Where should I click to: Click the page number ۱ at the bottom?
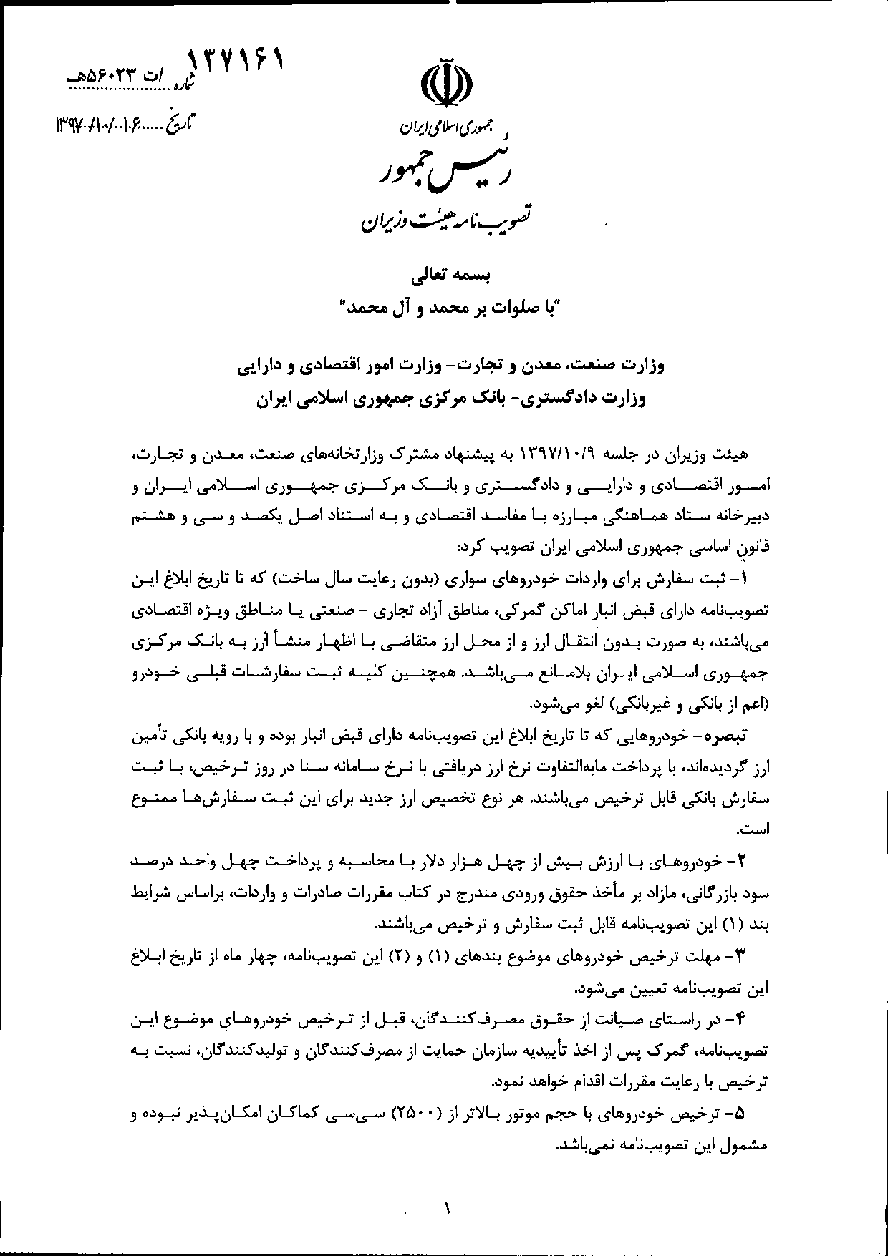tap(448, 1211)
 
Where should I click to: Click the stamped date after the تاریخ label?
tap(109, 125)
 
